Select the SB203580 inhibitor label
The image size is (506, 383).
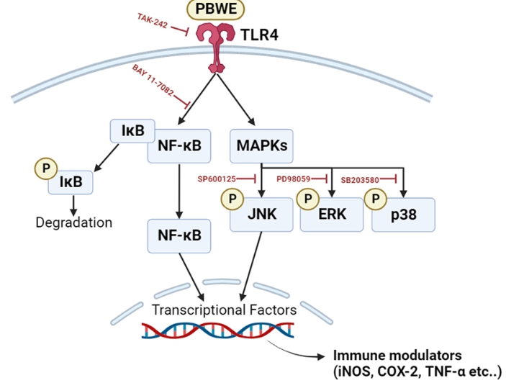365,178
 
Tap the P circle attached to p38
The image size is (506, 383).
375,197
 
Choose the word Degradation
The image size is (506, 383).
73,222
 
